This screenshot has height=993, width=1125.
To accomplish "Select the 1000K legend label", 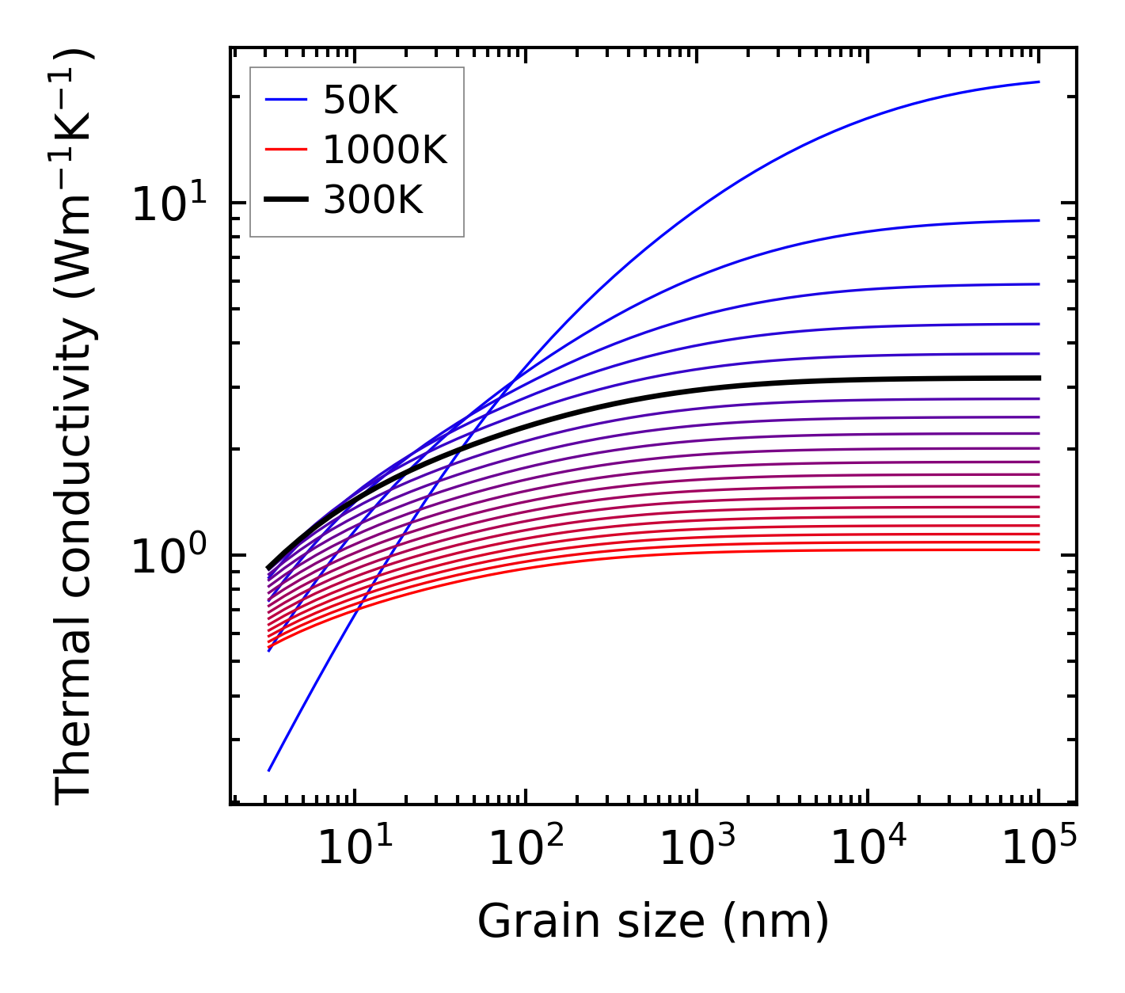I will (385, 150).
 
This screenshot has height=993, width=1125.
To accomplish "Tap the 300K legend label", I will (373, 200).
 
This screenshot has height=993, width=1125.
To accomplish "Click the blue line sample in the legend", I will (285, 100).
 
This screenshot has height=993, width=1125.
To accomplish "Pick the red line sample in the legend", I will (285, 150).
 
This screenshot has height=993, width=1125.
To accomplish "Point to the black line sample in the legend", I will (285, 200).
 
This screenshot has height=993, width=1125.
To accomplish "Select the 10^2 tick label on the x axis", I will (526, 849).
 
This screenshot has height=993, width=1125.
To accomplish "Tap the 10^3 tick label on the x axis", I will (697, 849).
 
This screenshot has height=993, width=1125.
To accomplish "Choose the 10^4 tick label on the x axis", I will (868, 849).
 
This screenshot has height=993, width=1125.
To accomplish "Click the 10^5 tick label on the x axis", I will (1039, 849).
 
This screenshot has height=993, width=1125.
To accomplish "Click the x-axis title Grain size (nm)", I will (653, 922).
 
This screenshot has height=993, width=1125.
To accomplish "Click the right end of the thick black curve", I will (1038, 379).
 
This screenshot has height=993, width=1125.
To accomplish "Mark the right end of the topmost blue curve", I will (1038, 82).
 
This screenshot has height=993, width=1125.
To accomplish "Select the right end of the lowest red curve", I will (1038, 550).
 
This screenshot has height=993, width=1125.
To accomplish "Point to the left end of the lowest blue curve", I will (270, 770).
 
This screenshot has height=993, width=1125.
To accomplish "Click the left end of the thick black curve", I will (269, 568).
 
